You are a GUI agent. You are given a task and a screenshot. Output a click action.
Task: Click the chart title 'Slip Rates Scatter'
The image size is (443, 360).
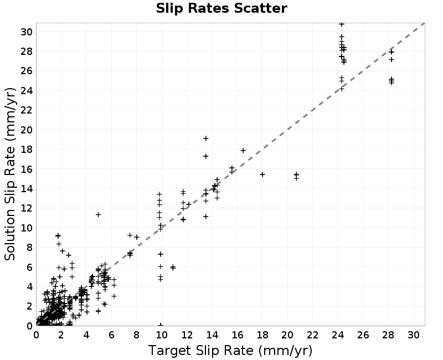(221, 8)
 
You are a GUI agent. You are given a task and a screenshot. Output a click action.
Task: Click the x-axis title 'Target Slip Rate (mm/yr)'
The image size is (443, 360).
(230, 351)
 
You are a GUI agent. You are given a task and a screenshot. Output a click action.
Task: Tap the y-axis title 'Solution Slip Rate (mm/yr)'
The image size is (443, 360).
(10, 174)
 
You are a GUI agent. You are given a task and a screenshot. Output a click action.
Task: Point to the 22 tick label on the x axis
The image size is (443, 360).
(312, 336)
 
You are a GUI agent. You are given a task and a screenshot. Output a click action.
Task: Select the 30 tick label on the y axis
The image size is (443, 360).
(26, 32)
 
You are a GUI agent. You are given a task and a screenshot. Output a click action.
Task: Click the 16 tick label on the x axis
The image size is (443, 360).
(237, 336)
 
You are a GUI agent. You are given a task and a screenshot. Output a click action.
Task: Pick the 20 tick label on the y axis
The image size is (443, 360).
(26, 130)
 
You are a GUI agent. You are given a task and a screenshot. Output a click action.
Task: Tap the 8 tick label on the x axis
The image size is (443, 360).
(136, 336)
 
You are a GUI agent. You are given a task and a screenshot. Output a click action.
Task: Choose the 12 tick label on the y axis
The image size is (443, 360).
(26, 208)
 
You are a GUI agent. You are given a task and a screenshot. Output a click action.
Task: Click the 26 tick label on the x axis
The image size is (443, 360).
(363, 336)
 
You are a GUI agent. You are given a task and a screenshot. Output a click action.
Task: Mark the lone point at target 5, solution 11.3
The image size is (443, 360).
(98, 215)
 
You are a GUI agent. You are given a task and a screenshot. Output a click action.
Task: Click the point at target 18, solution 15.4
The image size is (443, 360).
(262, 174)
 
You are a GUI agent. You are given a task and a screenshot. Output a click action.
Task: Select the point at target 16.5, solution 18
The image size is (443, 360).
(243, 151)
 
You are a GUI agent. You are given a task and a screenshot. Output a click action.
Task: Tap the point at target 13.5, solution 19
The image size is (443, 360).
(205, 138)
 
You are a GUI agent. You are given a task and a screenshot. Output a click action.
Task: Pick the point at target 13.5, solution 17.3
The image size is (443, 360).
(205, 156)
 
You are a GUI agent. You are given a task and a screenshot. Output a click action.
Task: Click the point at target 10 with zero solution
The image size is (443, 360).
(161, 325)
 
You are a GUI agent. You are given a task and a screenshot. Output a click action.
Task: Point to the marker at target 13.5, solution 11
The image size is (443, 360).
(205, 217)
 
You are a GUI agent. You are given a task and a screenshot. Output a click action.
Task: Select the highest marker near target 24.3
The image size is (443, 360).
(342, 24)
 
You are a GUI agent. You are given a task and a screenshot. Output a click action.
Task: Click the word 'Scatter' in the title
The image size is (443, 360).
(260, 8)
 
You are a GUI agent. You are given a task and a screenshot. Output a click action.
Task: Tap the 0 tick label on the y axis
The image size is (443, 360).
(29, 326)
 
